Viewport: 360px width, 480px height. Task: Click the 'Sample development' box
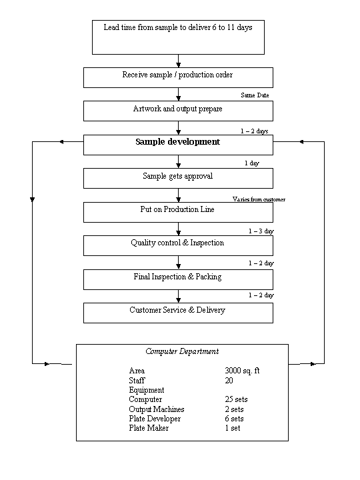(x=178, y=145)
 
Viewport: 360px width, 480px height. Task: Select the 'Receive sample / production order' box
(x=178, y=78)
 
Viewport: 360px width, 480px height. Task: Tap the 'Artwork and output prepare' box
(x=178, y=111)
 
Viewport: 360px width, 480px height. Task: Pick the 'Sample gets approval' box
(x=178, y=178)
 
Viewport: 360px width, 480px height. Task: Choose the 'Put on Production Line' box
(x=178, y=212)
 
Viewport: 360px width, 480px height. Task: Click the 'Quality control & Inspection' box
(x=178, y=245)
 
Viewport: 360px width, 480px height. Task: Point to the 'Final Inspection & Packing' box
(x=178, y=279)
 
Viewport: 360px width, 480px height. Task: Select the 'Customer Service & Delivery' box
(x=178, y=313)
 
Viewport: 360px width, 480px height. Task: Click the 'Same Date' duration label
(x=255, y=95)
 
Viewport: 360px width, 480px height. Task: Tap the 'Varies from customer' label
(x=259, y=199)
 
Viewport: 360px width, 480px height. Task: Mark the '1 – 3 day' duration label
(x=261, y=231)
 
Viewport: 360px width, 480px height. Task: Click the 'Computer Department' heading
(x=182, y=351)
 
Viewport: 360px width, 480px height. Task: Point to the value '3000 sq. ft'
(x=242, y=371)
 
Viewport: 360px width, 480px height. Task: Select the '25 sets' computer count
(x=236, y=399)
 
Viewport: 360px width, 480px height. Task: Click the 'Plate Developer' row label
(x=155, y=419)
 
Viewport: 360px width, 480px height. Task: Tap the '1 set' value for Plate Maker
(x=233, y=428)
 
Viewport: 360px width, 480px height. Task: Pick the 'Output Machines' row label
(x=157, y=409)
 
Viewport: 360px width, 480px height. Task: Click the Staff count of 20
(x=229, y=381)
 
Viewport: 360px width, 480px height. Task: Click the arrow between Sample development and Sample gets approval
(x=179, y=161)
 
